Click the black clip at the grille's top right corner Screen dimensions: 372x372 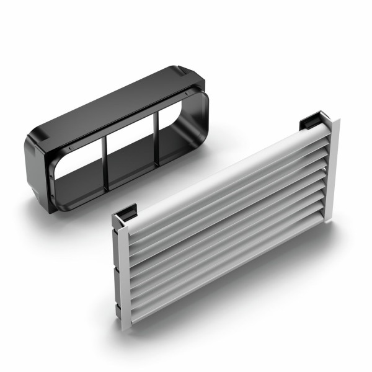click(x=314, y=120)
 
